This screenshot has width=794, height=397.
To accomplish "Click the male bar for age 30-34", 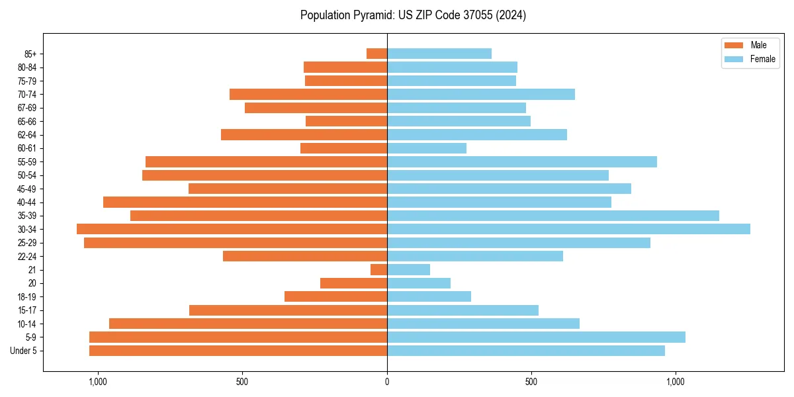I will [232, 229].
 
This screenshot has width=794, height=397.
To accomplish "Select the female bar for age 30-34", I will [568, 229].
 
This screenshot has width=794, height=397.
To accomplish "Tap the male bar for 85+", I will [377, 54].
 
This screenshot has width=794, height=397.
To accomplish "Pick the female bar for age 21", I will [408, 269].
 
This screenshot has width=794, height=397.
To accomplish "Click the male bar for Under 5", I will [238, 351].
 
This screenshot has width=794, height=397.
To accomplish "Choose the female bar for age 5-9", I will [536, 337].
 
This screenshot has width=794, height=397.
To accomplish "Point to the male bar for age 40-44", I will [245, 202].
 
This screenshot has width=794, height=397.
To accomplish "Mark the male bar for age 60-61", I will [343, 148].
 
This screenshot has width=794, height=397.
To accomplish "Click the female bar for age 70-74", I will [481, 94].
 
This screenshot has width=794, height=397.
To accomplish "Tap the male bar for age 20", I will [353, 283].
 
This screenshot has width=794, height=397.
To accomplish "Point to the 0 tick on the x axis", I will [387, 382].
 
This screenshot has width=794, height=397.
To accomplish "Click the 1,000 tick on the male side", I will [97, 382].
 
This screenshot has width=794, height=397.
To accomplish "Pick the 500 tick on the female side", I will [531, 382].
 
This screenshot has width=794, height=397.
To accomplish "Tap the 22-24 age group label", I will [27, 256].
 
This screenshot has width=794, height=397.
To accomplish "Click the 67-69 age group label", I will [27, 108].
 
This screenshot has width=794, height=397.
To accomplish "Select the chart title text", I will [413, 15].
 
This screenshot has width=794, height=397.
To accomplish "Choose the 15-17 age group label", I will [27, 310].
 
